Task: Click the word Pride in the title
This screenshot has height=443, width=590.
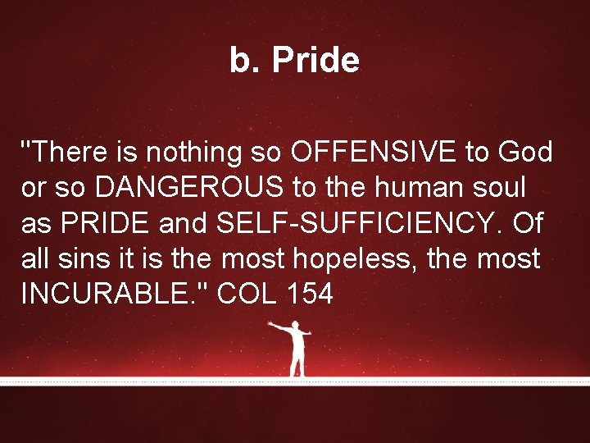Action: pyautogui.click(x=315, y=61)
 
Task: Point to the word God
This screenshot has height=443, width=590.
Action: pyautogui.click(x=524, y=152)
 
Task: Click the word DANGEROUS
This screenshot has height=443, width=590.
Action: pyautogui.click(x=190, y=188)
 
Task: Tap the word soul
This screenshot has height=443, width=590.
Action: pyautogui.click(x=497, y=188)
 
